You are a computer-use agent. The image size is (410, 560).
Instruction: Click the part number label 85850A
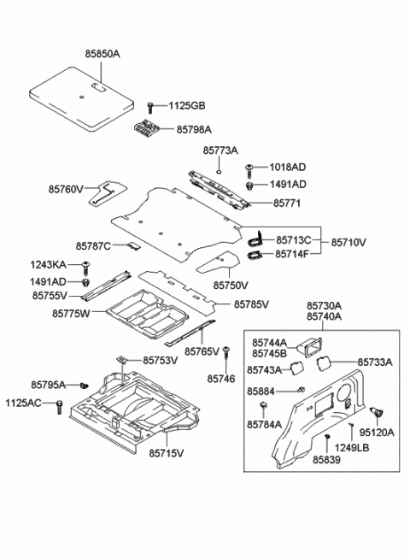(x=102, y=54)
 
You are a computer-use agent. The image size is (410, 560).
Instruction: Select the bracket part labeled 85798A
(x=148, y=128)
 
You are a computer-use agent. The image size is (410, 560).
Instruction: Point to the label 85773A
(x=220, y=150)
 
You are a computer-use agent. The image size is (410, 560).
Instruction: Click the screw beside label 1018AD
(x=249, y=168)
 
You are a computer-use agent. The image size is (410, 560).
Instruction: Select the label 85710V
(x=348, y=243)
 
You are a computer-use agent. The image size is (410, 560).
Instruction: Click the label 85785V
(x=251, y=304)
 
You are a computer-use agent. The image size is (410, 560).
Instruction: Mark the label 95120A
(x=377, y=433)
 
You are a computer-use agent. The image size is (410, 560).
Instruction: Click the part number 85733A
(x=374, y=363)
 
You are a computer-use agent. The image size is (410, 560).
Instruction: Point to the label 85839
(x=325, y=459)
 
